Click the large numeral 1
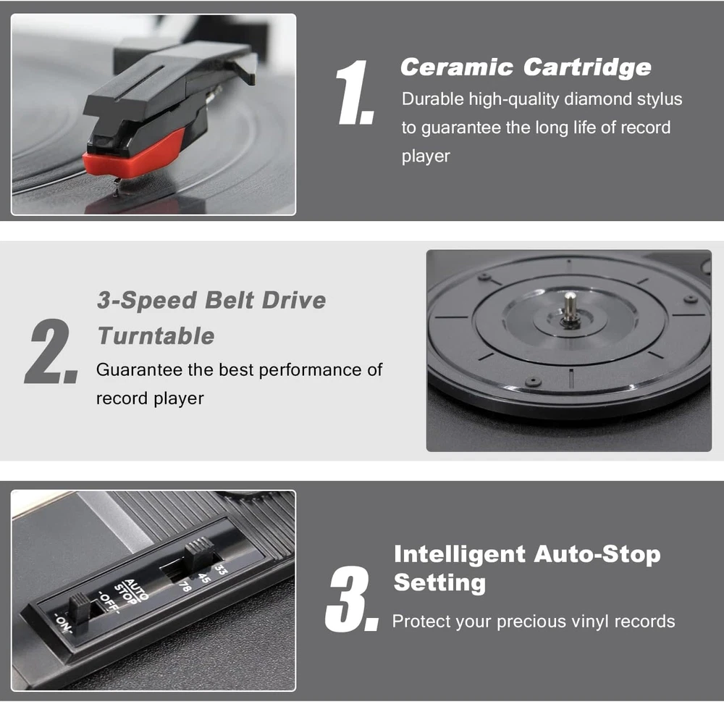tap(355, 93)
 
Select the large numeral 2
tap(51, 351)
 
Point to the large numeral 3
tap(352, 599)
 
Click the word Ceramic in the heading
tap(457, 67)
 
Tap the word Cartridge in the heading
tap(587, 67)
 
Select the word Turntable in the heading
tap(156, 335)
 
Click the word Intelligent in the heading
tap(460, 555)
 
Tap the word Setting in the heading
tap(439, 582)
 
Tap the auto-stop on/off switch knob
tap(80, 608)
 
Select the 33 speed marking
tap(221, 569)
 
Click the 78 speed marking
tap(185, 585)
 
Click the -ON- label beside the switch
tap(63, 623)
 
